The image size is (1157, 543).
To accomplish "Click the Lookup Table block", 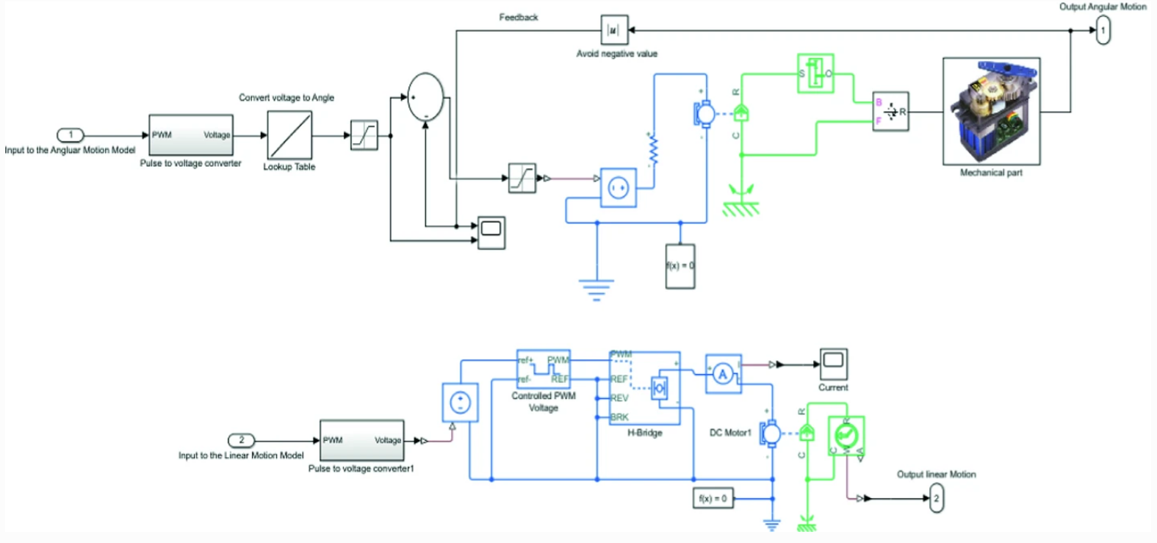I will (x=289, y=135).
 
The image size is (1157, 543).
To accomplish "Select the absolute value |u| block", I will (x=614, y=30).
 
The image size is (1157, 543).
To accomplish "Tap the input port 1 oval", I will (x=71, y=134).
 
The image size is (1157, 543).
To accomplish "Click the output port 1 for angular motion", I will (x=1103, y=31).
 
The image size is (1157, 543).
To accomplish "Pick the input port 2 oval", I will (x=241, y=440).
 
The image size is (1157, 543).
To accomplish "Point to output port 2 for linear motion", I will (x=936, y=498).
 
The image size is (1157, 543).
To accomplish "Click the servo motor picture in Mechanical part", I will (x=991, y=111).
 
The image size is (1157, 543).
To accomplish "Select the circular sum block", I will (x=425, y=97).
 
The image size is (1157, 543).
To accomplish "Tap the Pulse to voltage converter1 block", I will (x=361, y=441).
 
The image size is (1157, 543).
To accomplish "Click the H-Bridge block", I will (x=645, y=388).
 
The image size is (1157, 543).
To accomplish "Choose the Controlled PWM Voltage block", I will (x=544, y=369).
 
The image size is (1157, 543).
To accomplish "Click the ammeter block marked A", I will (x=724, y=374).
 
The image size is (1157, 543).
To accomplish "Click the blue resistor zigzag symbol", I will (x=653, y=151).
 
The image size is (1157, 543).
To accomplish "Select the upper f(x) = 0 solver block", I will (x=680, y=266).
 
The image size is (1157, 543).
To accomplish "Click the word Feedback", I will (x=519, y=17).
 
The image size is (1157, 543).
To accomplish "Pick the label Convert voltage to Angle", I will (x=286, y=98).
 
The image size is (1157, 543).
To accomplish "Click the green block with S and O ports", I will (x=815, y=73).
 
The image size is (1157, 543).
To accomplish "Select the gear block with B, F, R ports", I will (x=890, y=112).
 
